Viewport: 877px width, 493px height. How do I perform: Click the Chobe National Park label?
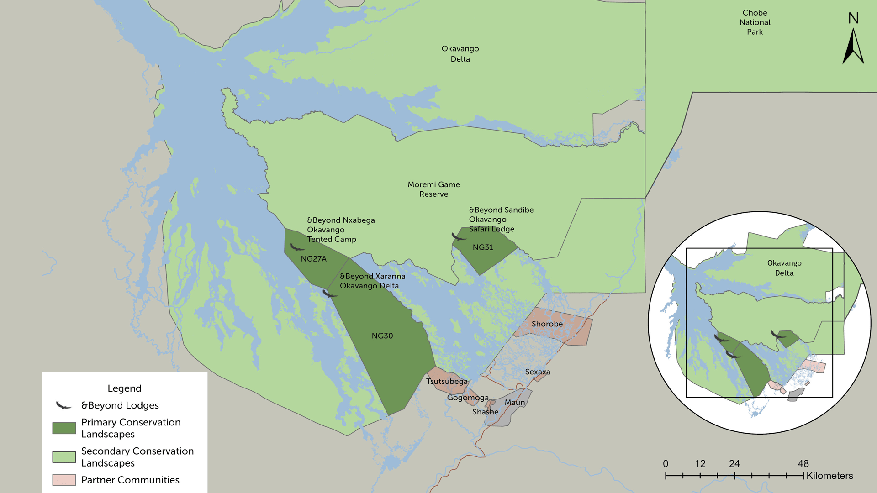coord(755,22)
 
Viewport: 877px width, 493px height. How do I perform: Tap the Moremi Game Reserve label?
coord(433,189)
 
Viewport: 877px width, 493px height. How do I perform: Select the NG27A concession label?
coord(313,259)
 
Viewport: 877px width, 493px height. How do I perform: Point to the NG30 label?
coord(382,336)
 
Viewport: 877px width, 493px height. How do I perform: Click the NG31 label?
coord(482,247)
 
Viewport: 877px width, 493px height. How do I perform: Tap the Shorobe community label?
coord(547,324)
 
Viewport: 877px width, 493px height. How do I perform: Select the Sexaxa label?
coord(537,372)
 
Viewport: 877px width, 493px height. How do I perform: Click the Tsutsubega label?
coord(446,382)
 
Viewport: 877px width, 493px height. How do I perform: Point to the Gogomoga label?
coord(467,398)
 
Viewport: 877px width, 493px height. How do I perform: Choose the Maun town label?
coord(514,403)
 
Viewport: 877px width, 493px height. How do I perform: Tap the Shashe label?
coord(485,412)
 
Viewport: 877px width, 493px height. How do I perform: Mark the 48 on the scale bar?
coord(803,464)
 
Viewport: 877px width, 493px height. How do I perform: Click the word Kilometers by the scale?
coord(829,476)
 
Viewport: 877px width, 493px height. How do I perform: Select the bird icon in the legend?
coord(63,405)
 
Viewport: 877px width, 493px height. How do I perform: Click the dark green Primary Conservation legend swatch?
coord(64,428)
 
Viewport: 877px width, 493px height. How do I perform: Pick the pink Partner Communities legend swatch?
coord(64,480)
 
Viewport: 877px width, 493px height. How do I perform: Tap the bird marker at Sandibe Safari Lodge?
coord(458,237)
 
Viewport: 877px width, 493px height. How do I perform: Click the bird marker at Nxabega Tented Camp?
coord(296,248)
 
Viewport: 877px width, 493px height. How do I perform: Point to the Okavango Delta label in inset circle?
coord(784,268)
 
